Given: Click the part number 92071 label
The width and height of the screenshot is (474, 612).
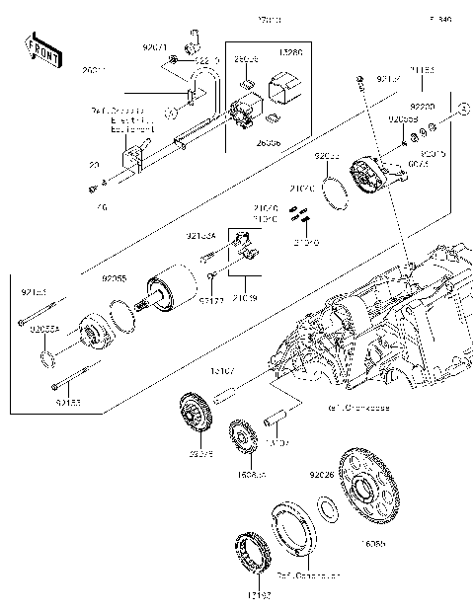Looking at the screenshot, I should tap(155, 47).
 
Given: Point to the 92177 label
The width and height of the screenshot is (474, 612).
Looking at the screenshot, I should tap(210, 298).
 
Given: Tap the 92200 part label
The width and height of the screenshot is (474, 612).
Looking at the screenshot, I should tap(423, 105).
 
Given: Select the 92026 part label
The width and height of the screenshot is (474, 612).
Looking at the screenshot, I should tap(323, 474).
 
